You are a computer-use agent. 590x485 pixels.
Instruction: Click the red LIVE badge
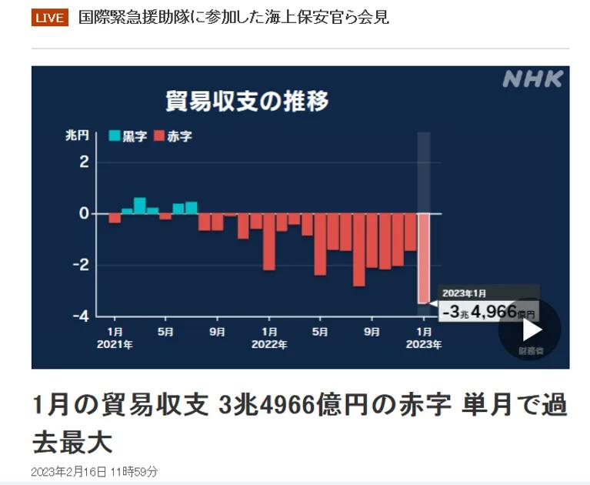(x=50, y=18)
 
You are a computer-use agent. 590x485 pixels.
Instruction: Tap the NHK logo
(x=532, y=79)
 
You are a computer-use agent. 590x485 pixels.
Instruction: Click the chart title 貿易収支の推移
(x=248, y=101)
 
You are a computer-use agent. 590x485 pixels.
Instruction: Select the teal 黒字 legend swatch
(x=114, y=136)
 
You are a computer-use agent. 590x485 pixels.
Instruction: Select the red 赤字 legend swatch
(x=159, y=136)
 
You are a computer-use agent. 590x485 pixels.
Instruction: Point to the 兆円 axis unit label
(x=77, y=136)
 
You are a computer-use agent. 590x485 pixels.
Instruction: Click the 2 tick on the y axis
(x=85, y=162)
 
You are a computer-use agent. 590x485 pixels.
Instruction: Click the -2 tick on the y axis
(x=82, y=265)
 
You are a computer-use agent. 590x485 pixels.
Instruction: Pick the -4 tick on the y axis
(x=82, y=316)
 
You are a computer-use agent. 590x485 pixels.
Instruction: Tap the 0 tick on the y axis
(x=85, y=213)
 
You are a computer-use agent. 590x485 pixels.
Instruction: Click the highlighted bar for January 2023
(x=424, y=258)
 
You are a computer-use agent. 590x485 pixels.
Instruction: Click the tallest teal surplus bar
(x=140, y=205)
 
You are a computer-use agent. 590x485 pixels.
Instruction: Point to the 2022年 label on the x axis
(x=268, y=346)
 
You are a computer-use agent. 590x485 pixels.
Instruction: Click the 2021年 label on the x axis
(x=115, y=346)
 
